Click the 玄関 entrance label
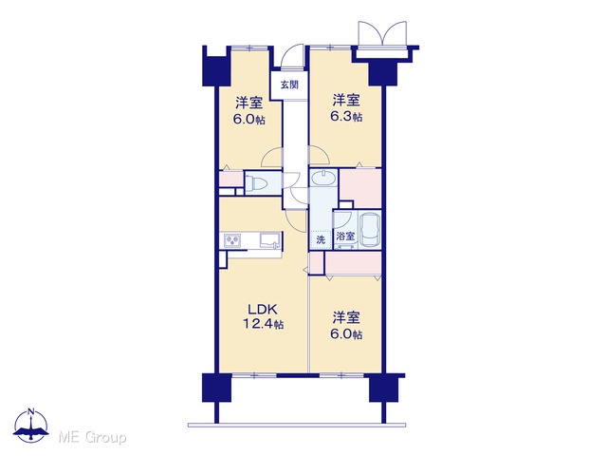289,85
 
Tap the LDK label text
263,310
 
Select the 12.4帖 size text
263,324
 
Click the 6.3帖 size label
346,116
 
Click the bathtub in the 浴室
369,230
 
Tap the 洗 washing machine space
321,239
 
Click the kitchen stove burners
231,240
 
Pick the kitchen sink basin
270,240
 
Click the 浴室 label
345,236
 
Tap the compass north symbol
31,426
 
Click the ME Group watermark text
92,438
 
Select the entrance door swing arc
291,57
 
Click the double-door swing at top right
382,34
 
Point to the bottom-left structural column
216,388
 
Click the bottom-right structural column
383,388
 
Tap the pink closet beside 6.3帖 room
360,188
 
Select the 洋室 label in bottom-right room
346,317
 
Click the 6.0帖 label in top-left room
248,120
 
